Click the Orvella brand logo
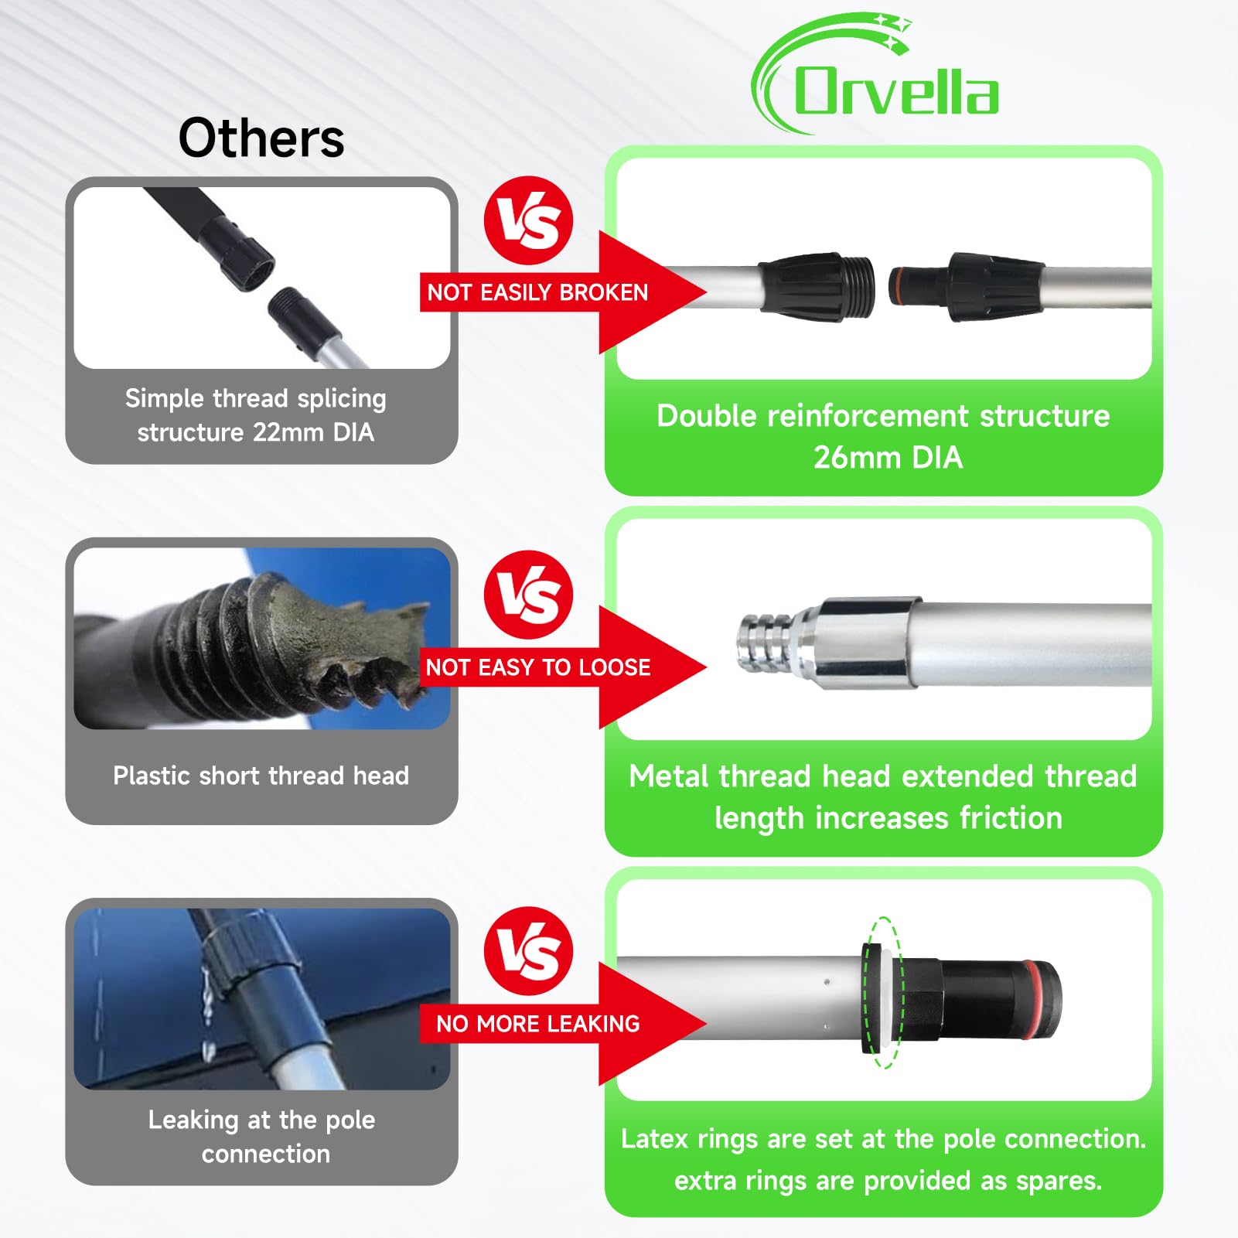click(876, 77)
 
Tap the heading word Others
click(261, 138)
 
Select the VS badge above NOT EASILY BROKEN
click(528, 220)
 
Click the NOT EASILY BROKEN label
click(537, 292)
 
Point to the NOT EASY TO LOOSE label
click(537, 667)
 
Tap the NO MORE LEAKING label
click(537, 1024)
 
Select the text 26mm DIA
click(888, 458)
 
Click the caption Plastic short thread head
click(261, 776)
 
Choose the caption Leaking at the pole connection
click(262, 1136)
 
